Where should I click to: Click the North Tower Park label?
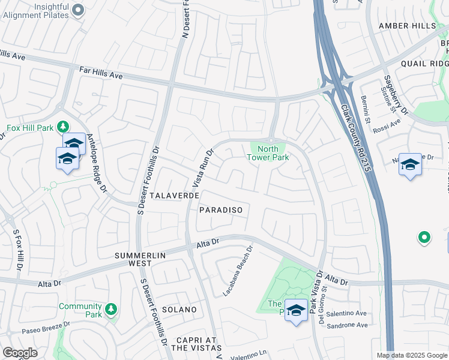click(268, 153)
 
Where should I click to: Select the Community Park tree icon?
click(110, 310)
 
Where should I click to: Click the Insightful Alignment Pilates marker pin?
click(77, 10)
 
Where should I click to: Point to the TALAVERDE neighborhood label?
click(173, 196)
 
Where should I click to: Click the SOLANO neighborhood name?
click(178, 310)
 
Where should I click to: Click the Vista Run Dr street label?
click(202, 168)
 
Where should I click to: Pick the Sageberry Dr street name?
click(396, 95)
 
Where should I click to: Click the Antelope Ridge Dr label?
click(97, 163)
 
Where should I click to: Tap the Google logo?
click(20, 353)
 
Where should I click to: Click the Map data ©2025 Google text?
click(411, 355)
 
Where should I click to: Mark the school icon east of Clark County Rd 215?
click(410, 164)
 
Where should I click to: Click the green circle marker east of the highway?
click(424, 238)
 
